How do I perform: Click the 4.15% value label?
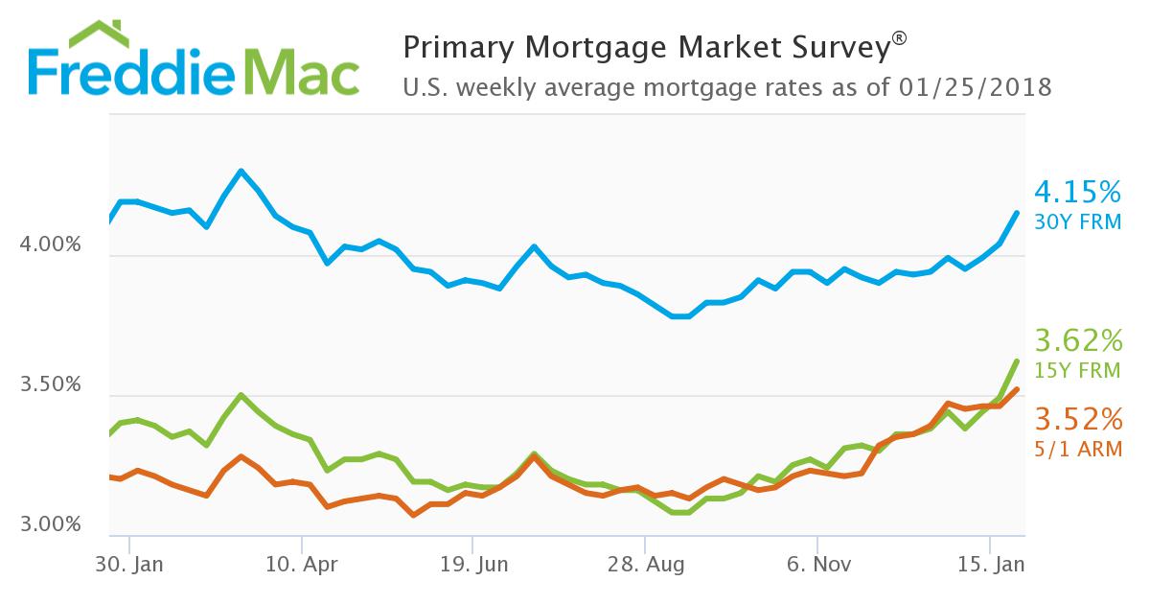[1078, 193]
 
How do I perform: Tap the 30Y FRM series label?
[1078, 222]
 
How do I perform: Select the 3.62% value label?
[1078, 340]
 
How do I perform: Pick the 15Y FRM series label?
[1078, 370]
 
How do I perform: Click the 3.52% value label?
[1078, 419]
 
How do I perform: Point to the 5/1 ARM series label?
[1078, 448]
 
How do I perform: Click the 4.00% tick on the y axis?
[50, 245]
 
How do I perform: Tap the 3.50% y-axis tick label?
[50, 385]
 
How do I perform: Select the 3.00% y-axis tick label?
[50, 525]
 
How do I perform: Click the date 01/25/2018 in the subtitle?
[977, 88]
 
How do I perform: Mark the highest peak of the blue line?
[241, 172]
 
